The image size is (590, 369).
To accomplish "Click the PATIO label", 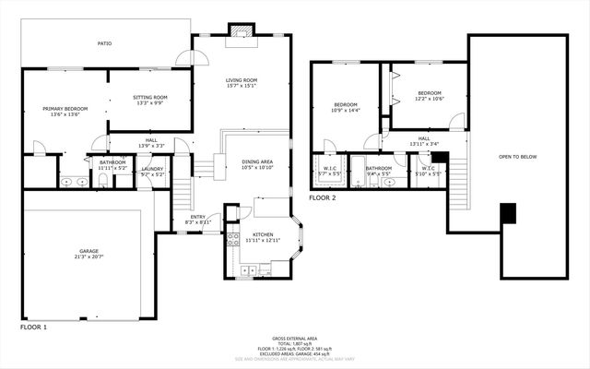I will coord(105,43).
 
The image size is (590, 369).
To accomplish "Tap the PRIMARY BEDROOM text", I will coord(63,109).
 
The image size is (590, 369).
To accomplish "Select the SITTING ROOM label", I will coord(149,97).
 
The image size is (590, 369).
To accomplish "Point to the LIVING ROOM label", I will coord(242,80).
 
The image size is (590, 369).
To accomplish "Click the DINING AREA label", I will coord(257,162).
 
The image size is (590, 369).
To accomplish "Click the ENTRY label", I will coord(198,217).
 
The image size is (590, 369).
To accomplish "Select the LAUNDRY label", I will coord(152,169).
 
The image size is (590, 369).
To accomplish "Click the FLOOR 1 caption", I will coord(34,327).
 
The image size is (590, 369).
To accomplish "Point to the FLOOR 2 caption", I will coord(323,197).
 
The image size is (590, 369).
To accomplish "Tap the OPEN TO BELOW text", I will coord(517,157).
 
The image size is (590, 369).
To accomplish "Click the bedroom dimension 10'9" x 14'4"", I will coord(346,110).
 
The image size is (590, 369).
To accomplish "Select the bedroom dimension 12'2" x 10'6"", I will coord(429,99).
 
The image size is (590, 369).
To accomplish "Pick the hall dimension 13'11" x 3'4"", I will coord(423,144).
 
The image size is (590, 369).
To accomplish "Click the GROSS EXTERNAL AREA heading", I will coord(294,339).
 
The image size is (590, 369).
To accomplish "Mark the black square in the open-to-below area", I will coord(505,213).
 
